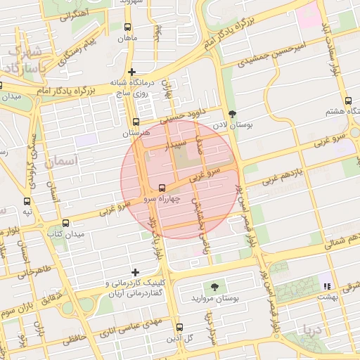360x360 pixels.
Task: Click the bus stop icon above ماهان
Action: click(127, 27)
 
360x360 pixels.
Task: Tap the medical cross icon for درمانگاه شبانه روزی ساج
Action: click(131, 72)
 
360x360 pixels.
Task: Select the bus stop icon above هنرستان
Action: click(136, 122)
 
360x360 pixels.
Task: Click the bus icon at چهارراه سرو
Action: click(162, 188)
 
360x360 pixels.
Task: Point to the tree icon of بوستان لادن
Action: click(233, 114)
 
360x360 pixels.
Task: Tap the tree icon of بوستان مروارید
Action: click(213, 287)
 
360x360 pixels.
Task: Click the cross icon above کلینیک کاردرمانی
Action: click(136, 272)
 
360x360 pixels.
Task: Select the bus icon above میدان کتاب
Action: click(56, 222)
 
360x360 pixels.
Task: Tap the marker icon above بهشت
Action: click(326, 285)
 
